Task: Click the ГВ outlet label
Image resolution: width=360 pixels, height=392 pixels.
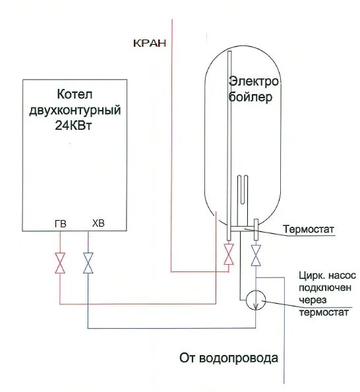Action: tap(60, 224)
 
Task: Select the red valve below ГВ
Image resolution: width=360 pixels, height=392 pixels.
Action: tap(60, 263)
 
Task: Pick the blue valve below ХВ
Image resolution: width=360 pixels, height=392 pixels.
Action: tap(88, 263)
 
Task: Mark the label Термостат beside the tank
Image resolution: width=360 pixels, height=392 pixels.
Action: tap(309, 230)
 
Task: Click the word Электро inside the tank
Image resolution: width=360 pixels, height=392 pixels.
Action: tap(255, 81)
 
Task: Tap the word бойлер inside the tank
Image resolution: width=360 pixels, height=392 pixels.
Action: tap(251, 97)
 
